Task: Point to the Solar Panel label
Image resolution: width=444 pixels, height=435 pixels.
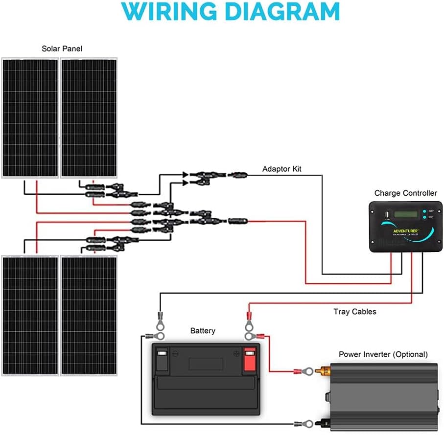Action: [62, 48]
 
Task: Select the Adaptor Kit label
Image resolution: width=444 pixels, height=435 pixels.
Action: [282, 169]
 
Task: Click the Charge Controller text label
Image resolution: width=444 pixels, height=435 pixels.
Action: [406, 193]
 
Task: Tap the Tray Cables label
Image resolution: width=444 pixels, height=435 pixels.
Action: [355, 311]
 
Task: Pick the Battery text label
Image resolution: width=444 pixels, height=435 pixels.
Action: [203, 331]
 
